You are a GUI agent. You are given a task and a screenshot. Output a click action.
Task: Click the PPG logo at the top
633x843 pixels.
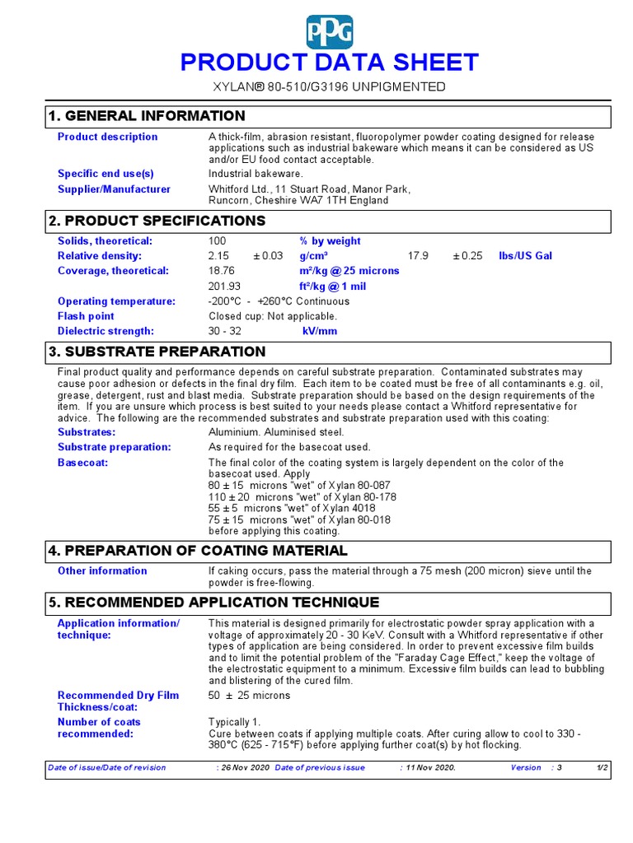click(329, 32)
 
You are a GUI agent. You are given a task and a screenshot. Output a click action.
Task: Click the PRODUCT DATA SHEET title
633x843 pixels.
click(329, 63)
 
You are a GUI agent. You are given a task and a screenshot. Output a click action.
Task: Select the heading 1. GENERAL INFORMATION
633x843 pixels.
click(147, 116)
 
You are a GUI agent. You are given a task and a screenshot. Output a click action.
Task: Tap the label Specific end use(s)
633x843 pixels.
click(105, 174)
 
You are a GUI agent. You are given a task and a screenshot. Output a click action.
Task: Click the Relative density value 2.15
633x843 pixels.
click(218, 256)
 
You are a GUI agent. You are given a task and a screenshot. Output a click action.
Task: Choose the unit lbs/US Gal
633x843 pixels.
click(525, 256)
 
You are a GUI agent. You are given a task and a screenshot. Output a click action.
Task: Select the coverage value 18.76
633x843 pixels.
click(222, 271)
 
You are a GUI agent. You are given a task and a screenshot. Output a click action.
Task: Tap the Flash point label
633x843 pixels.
click(86, 316)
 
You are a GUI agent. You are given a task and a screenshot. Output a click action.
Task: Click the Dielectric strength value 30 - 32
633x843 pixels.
click(226, 332)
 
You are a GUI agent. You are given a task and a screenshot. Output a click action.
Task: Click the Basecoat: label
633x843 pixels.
click(82, 463)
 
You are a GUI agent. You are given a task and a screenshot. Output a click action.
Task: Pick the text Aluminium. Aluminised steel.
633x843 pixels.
click(276, 432)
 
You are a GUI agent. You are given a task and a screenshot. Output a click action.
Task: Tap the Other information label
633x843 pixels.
click(102, 571)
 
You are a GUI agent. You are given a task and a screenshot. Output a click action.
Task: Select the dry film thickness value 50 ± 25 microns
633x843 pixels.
click(249, 696)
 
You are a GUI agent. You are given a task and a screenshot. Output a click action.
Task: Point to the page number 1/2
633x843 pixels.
click(603, 767)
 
